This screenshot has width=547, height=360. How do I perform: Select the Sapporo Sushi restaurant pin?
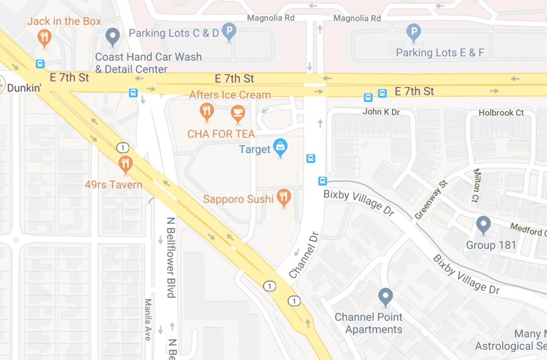[x=284, y=197]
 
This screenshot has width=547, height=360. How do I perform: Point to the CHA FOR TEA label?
[x=221, y=134]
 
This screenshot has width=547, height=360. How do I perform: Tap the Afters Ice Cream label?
[x=230, y=94]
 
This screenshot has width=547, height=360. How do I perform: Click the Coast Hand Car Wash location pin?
[x=113, y=36]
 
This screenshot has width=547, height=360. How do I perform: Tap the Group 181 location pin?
[x=483, y=224]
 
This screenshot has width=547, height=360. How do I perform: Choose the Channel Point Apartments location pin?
[x=385, y=296]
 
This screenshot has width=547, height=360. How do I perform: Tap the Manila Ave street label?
[x=148, y=319]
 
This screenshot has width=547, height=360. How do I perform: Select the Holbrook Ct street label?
[x=501, y=113]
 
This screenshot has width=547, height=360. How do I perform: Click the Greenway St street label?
[x=431, y=200]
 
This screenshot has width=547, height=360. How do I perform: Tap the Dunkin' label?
[x=23, y=89]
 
